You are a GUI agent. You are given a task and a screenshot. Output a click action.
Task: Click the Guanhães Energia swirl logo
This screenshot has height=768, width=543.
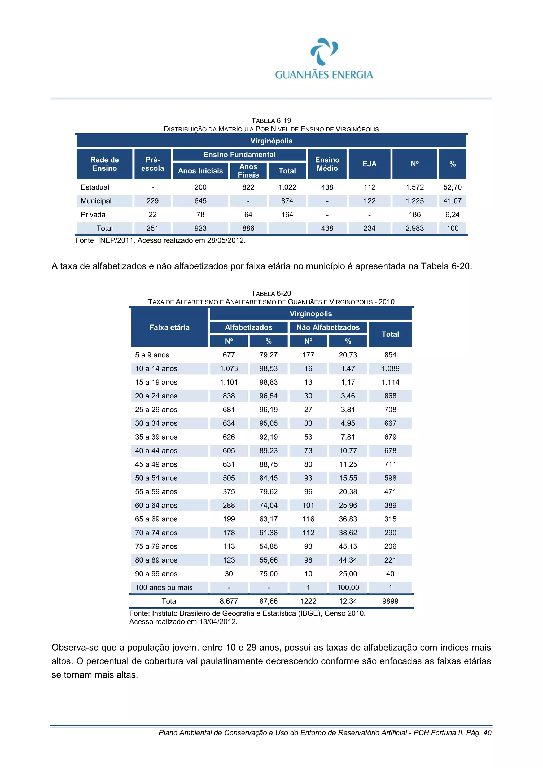(x=324, y=51)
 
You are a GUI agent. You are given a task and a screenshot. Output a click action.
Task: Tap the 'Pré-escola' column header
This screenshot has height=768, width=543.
(x=152, y=164)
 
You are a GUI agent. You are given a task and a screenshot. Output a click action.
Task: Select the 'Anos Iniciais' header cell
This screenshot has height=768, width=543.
(x=200, y=171)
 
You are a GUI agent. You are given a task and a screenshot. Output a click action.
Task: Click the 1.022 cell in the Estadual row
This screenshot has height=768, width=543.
(x=287, y=187)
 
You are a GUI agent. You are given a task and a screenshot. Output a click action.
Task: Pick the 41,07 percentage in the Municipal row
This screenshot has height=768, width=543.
(x=452, y=201)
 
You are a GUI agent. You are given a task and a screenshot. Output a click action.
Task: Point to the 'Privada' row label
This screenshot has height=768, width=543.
(x=93, y=215)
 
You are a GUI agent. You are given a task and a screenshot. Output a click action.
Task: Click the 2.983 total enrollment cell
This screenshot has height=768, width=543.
(x=414, y=229)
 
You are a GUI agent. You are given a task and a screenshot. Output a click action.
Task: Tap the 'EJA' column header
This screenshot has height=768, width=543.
(x=369, y=164)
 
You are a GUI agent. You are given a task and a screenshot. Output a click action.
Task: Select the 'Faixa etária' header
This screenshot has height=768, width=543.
(x=169, y=327)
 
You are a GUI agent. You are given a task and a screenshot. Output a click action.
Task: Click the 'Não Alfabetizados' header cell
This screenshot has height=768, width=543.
(x=328, y=327)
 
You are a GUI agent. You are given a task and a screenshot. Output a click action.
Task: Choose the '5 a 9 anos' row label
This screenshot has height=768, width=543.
(x=152, y=355)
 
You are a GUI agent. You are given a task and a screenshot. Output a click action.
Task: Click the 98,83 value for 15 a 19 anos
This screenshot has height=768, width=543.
(x=268, y=382)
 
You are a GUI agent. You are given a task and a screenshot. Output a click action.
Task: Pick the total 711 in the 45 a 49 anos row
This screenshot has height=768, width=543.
(x=390, y=464)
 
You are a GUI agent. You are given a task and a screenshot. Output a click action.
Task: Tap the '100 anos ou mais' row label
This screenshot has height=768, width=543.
(x=164, y=587)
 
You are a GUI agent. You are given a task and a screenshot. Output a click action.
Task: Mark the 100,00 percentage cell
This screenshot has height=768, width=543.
(x=348, y=587)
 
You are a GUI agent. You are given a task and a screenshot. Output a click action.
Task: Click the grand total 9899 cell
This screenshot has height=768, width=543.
(x=390, y=601)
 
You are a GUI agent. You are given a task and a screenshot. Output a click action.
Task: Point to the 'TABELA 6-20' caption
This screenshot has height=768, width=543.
(x=271, y=293)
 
